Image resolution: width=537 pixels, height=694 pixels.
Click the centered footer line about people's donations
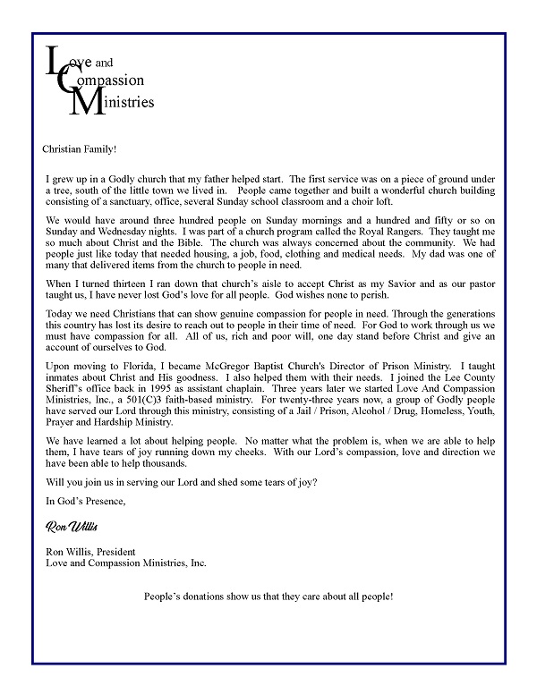point(268,596)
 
